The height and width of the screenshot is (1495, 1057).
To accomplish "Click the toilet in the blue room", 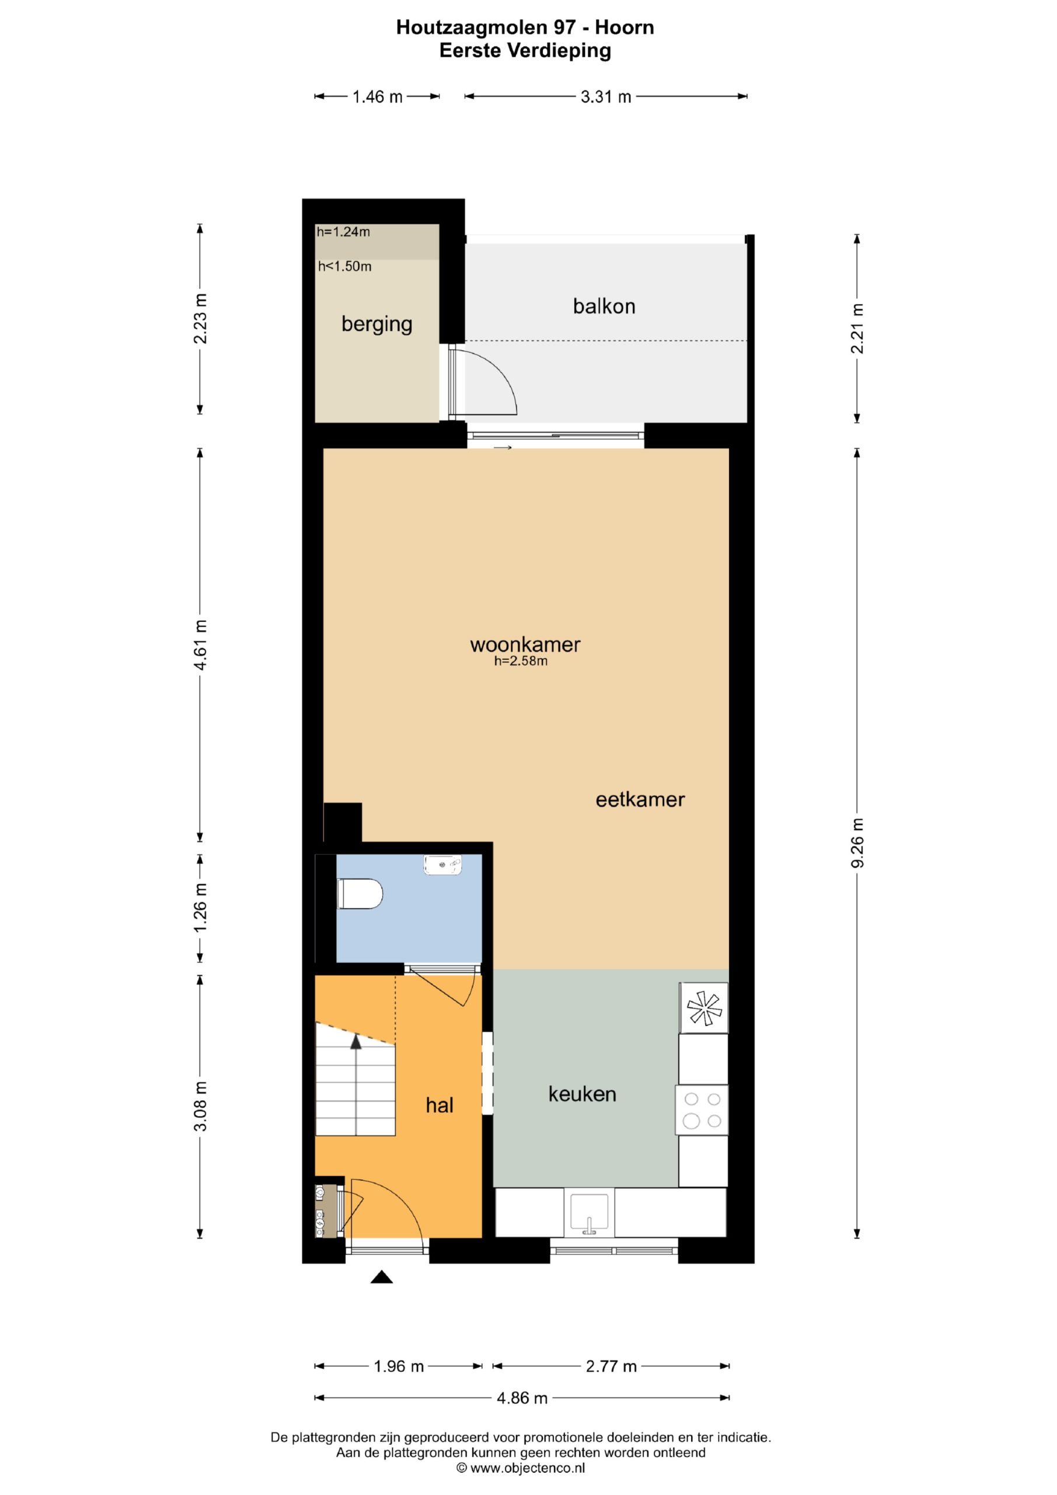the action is [360, 893].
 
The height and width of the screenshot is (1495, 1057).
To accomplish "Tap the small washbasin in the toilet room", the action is [442, 865].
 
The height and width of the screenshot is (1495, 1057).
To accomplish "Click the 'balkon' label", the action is [604, 306].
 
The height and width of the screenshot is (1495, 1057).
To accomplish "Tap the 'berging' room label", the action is [377, 324].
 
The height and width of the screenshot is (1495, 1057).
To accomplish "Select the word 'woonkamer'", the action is [525, 645].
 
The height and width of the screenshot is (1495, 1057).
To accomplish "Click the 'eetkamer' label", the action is [640, 799].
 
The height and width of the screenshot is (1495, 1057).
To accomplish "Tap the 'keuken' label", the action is [582, 1094].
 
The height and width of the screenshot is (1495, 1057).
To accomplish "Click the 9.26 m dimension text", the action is [857, 843].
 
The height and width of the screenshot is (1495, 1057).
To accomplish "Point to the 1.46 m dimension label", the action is [378, 97].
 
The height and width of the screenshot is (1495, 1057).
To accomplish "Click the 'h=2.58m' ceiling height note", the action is [521, 662].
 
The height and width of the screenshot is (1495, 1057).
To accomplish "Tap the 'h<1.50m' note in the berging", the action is [345, 266].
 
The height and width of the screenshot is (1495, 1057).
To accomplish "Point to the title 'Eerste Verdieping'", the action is [525, 51].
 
